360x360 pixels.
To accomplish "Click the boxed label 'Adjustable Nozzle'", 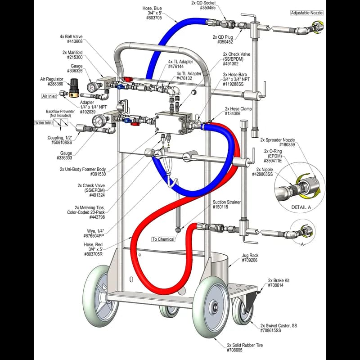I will (x=306, y=13).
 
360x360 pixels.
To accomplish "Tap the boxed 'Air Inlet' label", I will (x=49, y=96).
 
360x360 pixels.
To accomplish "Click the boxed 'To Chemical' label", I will (x=163, y=239).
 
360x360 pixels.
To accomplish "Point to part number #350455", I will (x=207, y=8).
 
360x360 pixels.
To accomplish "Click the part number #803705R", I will (x=94, y=254).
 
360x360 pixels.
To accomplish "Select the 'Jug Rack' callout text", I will (x=251, y=255).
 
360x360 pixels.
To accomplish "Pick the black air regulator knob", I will (x=74, y=84).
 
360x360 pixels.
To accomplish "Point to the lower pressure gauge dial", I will (x=98, y=121).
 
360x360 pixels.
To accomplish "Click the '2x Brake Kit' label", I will (x=279, y=280).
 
